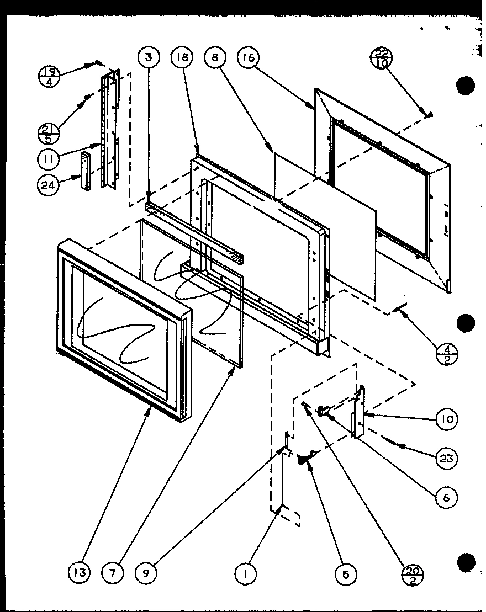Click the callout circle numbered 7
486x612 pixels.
[x=112, y=573]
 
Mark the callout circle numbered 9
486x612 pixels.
[x=146, y=573]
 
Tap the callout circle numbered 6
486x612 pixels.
[x=446, y=497]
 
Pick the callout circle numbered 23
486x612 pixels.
[x=446, y=458]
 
